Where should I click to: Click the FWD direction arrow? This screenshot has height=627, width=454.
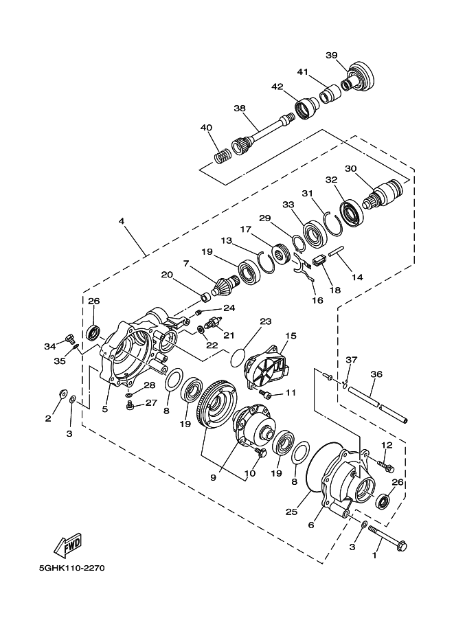67,546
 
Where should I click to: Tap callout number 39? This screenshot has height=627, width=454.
332,56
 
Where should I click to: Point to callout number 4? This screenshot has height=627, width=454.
122,221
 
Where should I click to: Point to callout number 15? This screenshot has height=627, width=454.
291,336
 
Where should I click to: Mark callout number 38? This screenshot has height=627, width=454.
239,108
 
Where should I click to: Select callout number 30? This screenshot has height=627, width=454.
350,168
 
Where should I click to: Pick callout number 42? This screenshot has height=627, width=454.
277,87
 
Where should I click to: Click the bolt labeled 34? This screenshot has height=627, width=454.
69,338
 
